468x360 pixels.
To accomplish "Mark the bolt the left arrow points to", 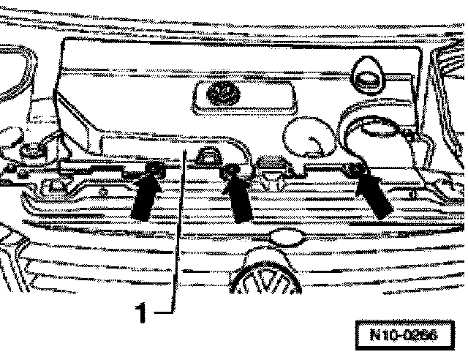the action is click(x=154, y=171).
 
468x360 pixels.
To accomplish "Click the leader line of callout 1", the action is click(x=175, y=234).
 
